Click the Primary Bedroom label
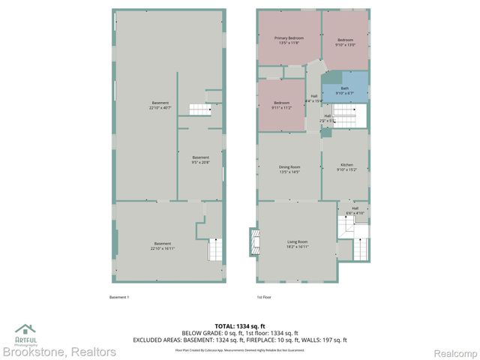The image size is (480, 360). (x=289, y=40)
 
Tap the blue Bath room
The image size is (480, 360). (x=345, y=89)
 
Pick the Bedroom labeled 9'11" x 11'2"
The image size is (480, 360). (x=281, y=104)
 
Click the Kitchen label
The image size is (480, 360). (x=346, y=166)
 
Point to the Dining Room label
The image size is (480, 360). (x=289, y=169)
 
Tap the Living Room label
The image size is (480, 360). (x=297, y=244)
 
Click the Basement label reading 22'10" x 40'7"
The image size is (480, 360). (x=160, y=105)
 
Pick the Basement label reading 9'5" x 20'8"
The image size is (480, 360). (x=200, y=160)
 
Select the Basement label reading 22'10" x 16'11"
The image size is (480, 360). (x=163, y=245)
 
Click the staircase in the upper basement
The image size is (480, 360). (x=199, y=110)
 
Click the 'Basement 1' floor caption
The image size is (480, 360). (x=119, y=298)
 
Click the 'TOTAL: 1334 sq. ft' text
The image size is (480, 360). (x=240, y=326)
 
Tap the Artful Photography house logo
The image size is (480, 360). (x=26, y=331)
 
